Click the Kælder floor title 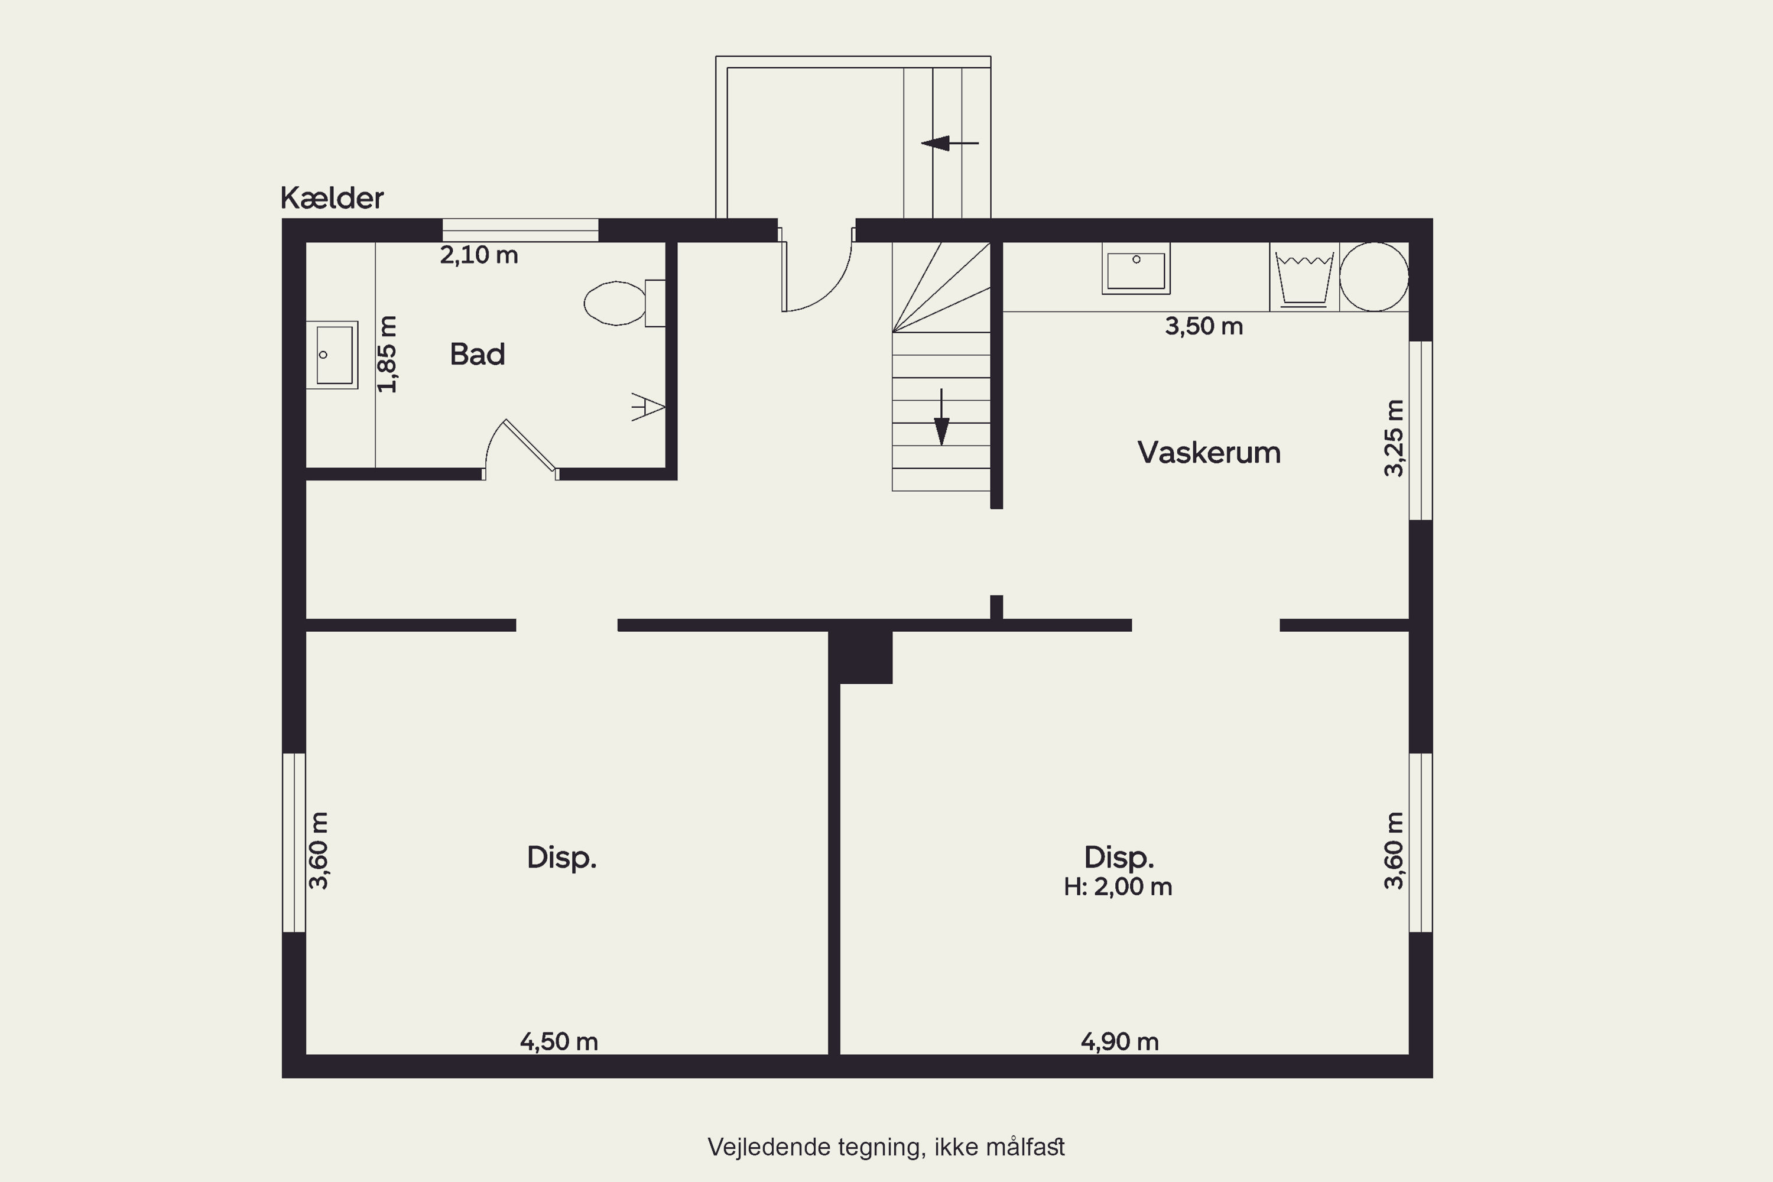[332, 198]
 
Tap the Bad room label [477, 354]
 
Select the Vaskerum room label [1209, 452]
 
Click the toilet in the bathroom [624, 303]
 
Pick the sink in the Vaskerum [1136, 268]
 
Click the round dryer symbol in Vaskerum [1374, 277]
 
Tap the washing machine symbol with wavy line [1304, 277]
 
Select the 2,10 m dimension [479, 255]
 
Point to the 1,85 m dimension [388, 354]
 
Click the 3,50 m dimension [1204, 326]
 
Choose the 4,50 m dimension [558, 1042]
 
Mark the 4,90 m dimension [1119, 1042]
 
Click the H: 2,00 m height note [1118, 887]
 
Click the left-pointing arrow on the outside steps [950, 142]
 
